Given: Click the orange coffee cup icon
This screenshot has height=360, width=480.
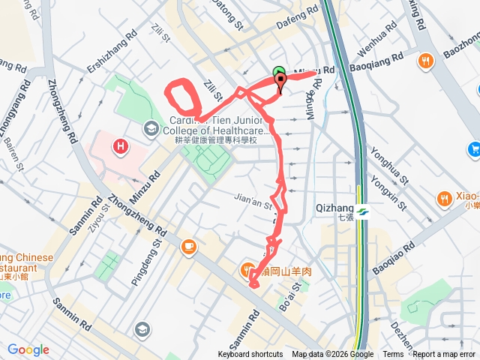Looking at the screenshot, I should point(187,245).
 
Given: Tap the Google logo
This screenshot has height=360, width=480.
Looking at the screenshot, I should point(28,349).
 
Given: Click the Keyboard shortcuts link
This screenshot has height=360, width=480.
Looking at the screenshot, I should point(250,355).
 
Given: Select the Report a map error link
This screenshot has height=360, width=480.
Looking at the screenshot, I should point(444,355).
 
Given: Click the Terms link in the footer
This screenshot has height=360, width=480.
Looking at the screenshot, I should point(393,355).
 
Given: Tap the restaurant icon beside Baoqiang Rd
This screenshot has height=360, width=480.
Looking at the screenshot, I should point(425,60).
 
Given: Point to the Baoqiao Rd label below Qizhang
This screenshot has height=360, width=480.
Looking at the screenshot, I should point(392,258).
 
